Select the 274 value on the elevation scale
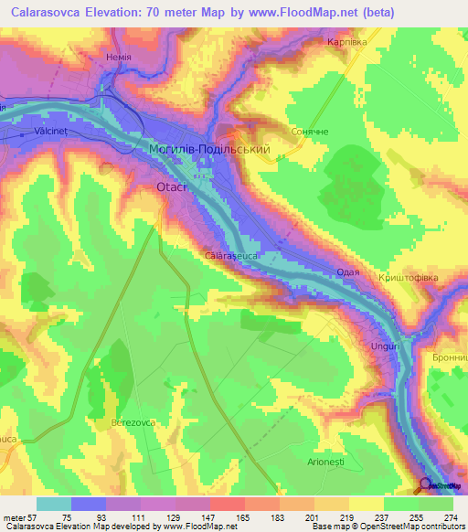[450, 516]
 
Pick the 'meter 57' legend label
[18, 516]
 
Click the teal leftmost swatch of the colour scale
[53, 504]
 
